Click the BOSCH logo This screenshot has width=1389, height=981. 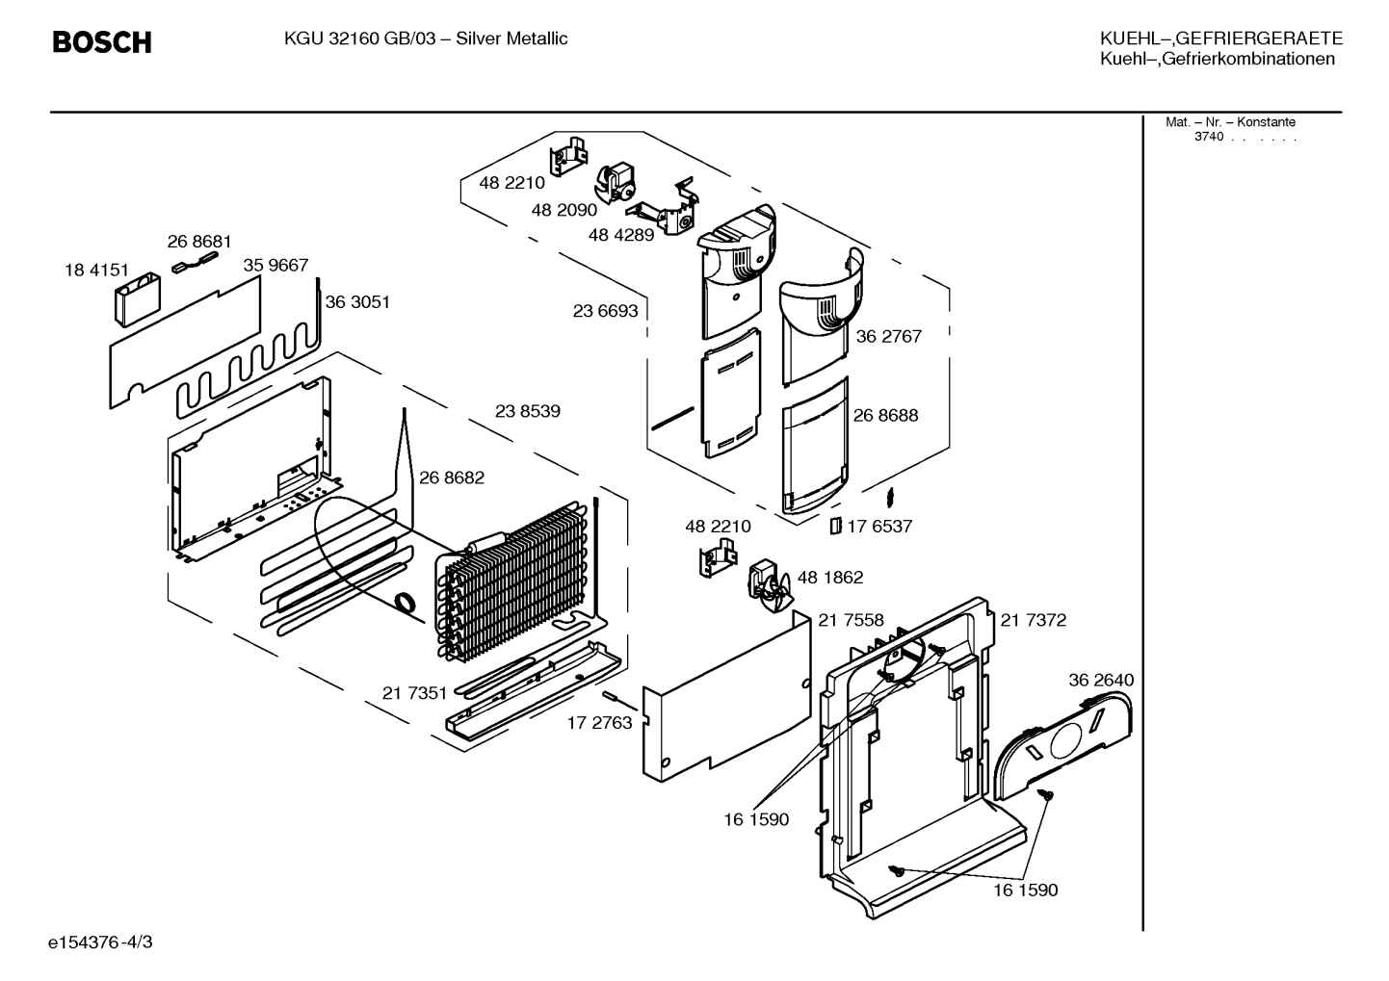tap(102, 42)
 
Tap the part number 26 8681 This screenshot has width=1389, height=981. tap(199, 242)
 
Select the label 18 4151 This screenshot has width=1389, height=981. tap(96, 271)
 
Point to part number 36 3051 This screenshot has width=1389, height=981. tap(357, 302)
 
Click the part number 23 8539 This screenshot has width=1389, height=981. tap(528, 411)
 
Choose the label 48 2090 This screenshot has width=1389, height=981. tap(564, 210)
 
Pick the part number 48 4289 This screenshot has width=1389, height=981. tap(621, 235)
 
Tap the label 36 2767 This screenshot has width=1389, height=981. tap(888, 337)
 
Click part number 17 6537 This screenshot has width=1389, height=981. tap(879, 527)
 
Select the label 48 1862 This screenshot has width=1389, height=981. tap(830, 578)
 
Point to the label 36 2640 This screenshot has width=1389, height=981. tap(1101, 681)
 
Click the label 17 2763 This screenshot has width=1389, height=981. tap(600, 723)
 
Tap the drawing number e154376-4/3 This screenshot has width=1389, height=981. tap(100, 942)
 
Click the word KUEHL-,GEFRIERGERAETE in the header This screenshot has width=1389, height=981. tap(1221, 39)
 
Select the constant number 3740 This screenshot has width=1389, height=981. tap(1209, 137)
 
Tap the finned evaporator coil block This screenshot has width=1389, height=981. tap(514, 579)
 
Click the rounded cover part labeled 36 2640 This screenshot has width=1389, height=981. tap(1062, 745)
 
